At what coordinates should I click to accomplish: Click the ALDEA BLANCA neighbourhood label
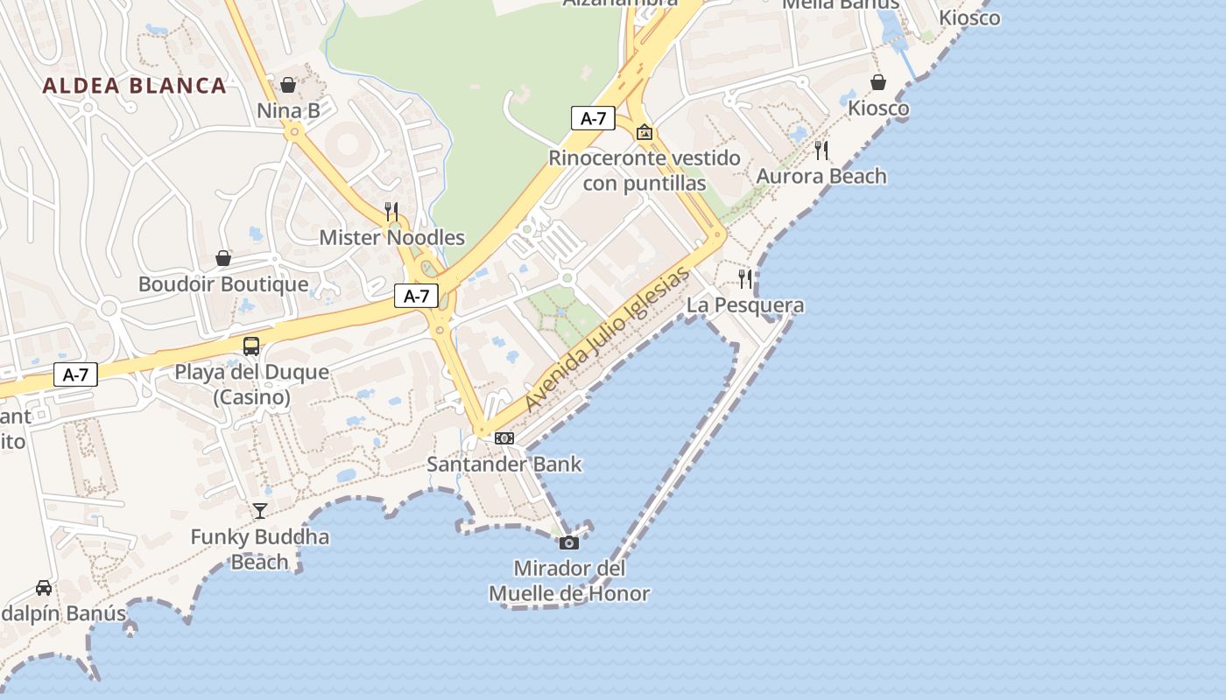134,86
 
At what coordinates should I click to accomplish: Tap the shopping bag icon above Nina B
287,85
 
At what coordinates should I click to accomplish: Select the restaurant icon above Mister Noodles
391,211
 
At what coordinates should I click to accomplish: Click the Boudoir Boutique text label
223,284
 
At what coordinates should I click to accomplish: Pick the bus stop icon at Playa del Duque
251,346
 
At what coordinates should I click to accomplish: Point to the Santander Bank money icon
504,437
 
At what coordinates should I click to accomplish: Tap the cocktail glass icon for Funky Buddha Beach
260,510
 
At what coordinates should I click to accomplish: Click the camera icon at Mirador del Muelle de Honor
569,542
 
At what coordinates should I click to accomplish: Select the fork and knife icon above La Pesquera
745,279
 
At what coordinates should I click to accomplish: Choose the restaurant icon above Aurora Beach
821,150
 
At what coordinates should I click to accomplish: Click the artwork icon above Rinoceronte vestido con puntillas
645,132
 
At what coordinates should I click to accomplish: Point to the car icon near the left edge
44,587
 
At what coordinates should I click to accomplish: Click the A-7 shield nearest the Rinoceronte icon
593,118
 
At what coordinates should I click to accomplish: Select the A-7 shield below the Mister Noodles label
416,296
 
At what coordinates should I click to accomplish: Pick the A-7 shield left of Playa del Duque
75,375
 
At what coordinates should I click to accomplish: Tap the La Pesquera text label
745,305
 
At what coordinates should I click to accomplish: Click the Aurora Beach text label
821,177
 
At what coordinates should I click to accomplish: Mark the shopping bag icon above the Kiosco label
878,82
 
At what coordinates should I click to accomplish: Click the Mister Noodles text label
391,237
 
